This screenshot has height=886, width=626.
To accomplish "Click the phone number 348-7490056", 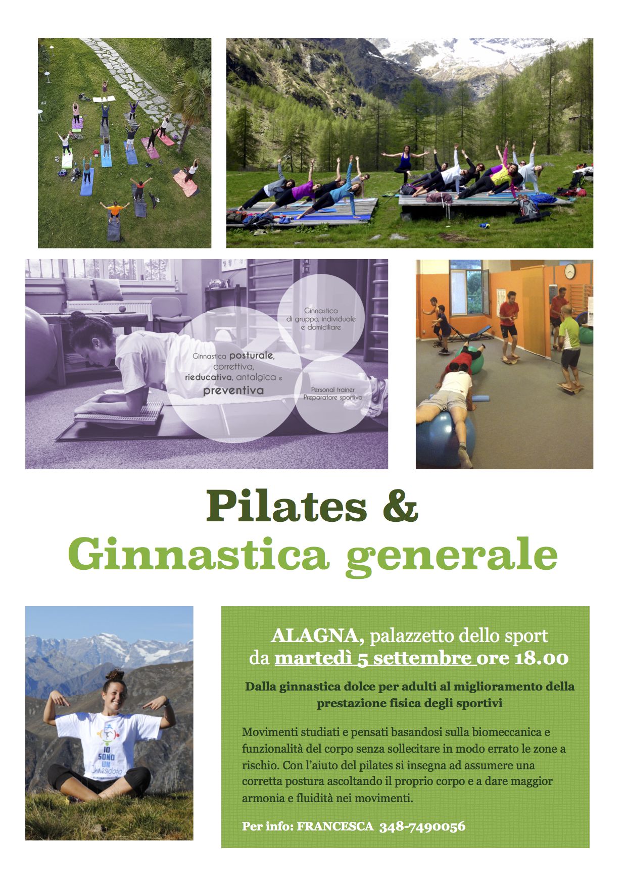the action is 422,827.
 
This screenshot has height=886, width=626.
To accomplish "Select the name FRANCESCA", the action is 335,827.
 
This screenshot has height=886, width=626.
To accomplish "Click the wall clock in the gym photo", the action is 570,272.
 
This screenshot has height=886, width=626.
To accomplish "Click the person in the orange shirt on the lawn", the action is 115,209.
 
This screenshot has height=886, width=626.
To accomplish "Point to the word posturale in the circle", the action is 252,356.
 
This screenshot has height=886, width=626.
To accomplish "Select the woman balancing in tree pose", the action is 404,164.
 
